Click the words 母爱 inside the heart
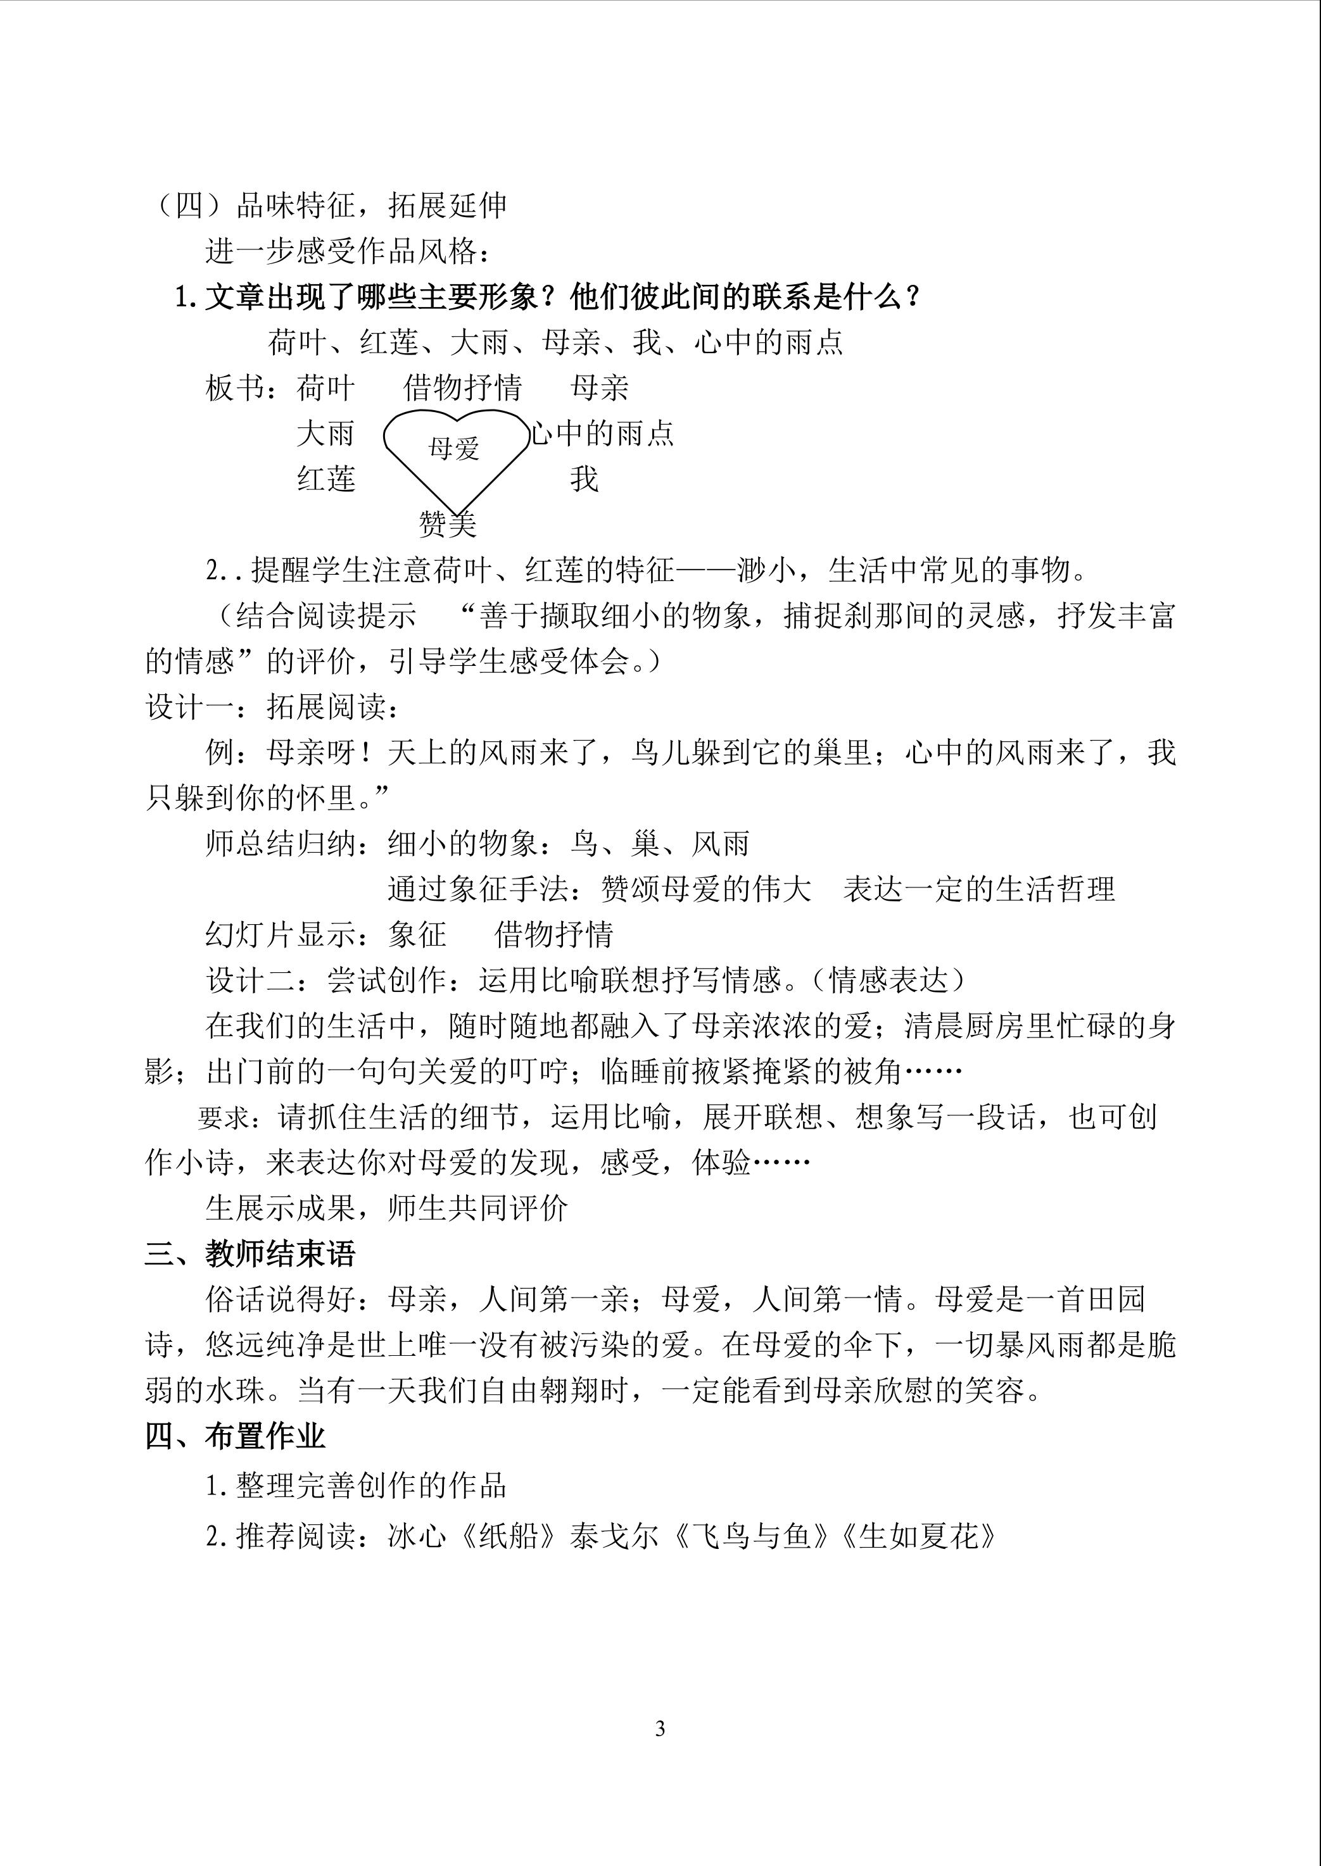point(454,449)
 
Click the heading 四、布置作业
point(235,1437)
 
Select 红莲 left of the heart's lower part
point(326,479)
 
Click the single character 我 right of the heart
point(584,479)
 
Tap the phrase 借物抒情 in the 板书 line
point(463,388)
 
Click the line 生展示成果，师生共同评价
point(386,1208)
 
